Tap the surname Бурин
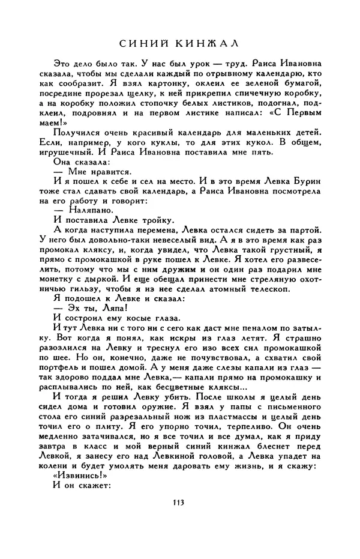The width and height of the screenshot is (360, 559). [305, 179]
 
